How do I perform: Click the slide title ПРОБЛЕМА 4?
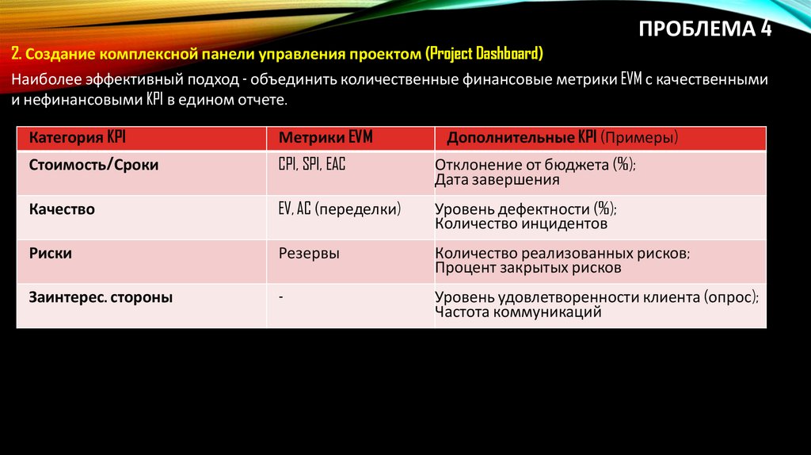point(704,29)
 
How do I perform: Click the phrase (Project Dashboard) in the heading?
point(484,54)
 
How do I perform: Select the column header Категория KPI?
point(78,138)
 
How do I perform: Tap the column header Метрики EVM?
point(325,138)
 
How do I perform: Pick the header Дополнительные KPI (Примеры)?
point(562,138)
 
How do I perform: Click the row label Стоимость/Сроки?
point(93,165)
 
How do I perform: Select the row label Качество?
point(62,209)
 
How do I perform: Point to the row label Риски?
point(51,254)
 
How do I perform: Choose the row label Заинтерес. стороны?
point(101,298)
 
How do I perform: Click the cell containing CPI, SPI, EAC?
point(312,165)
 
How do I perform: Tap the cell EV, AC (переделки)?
point(339,209)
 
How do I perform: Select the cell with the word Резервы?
point(309,254)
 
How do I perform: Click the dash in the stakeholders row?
point(281,296)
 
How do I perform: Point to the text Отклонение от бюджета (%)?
point(535,166)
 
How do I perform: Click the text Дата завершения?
point(497,180)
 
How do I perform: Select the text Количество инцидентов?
point(520,224)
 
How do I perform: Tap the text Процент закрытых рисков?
point(527,268)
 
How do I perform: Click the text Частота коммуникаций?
point(518,312)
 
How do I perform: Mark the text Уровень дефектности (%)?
point(525,210)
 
